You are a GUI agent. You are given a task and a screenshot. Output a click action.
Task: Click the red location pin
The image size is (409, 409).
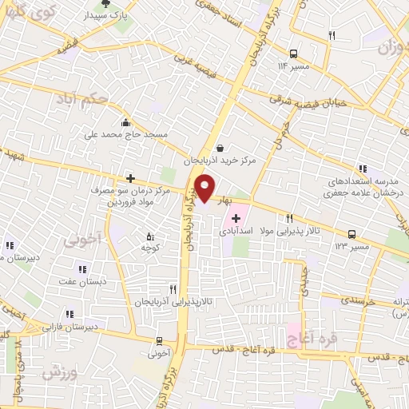[x=205, y=188]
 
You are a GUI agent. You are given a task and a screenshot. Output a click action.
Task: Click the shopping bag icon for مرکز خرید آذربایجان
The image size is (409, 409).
[x=220, y=147]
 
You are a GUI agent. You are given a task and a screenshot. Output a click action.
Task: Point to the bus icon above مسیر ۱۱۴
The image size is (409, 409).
[x=295, y=54]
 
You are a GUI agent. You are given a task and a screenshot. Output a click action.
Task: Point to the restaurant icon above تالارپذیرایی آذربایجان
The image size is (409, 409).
[x=173, y=289]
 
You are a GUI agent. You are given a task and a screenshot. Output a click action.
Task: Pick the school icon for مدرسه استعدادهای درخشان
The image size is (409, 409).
[x=363, y=169]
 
